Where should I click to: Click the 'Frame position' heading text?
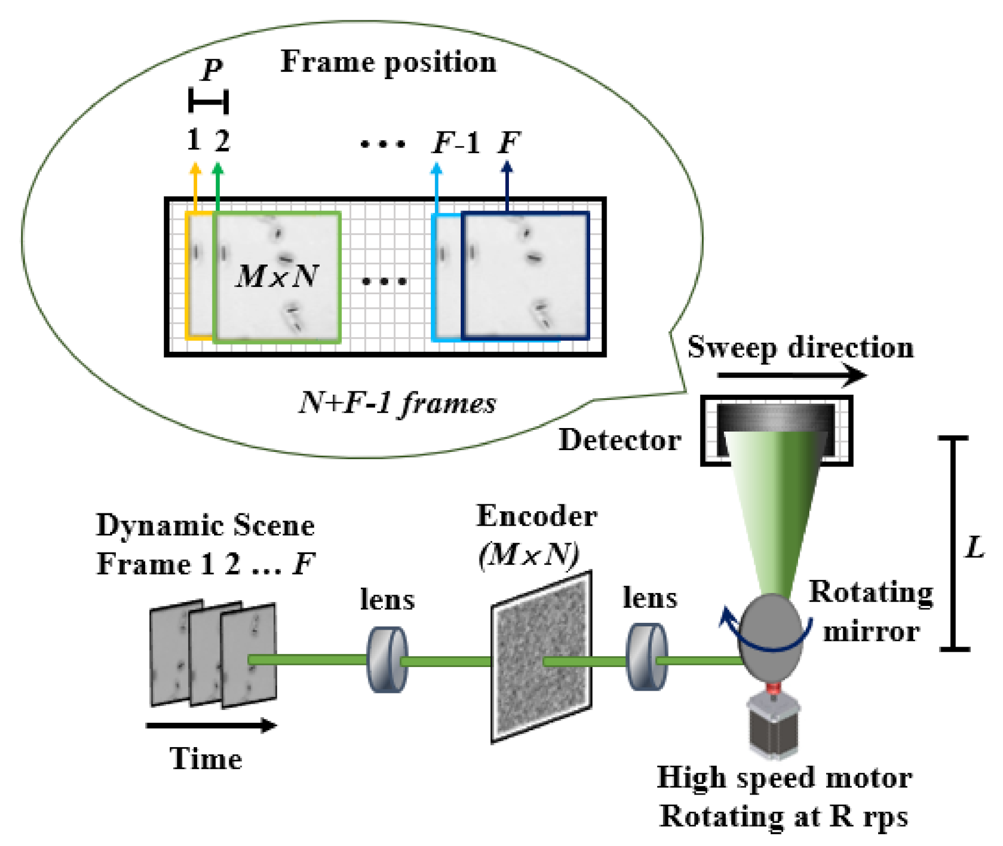[389, 62]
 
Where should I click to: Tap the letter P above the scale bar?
[212, 69]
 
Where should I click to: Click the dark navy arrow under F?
[507, 186]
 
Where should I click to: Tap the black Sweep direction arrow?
[791, 375]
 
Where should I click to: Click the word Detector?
[620, 441]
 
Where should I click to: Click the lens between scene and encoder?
[387, 660]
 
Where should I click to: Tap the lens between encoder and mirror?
[647, 657]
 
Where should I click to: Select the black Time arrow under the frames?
[212, 726]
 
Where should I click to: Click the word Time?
[206, 759]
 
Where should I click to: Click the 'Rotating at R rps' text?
[784, 817]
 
